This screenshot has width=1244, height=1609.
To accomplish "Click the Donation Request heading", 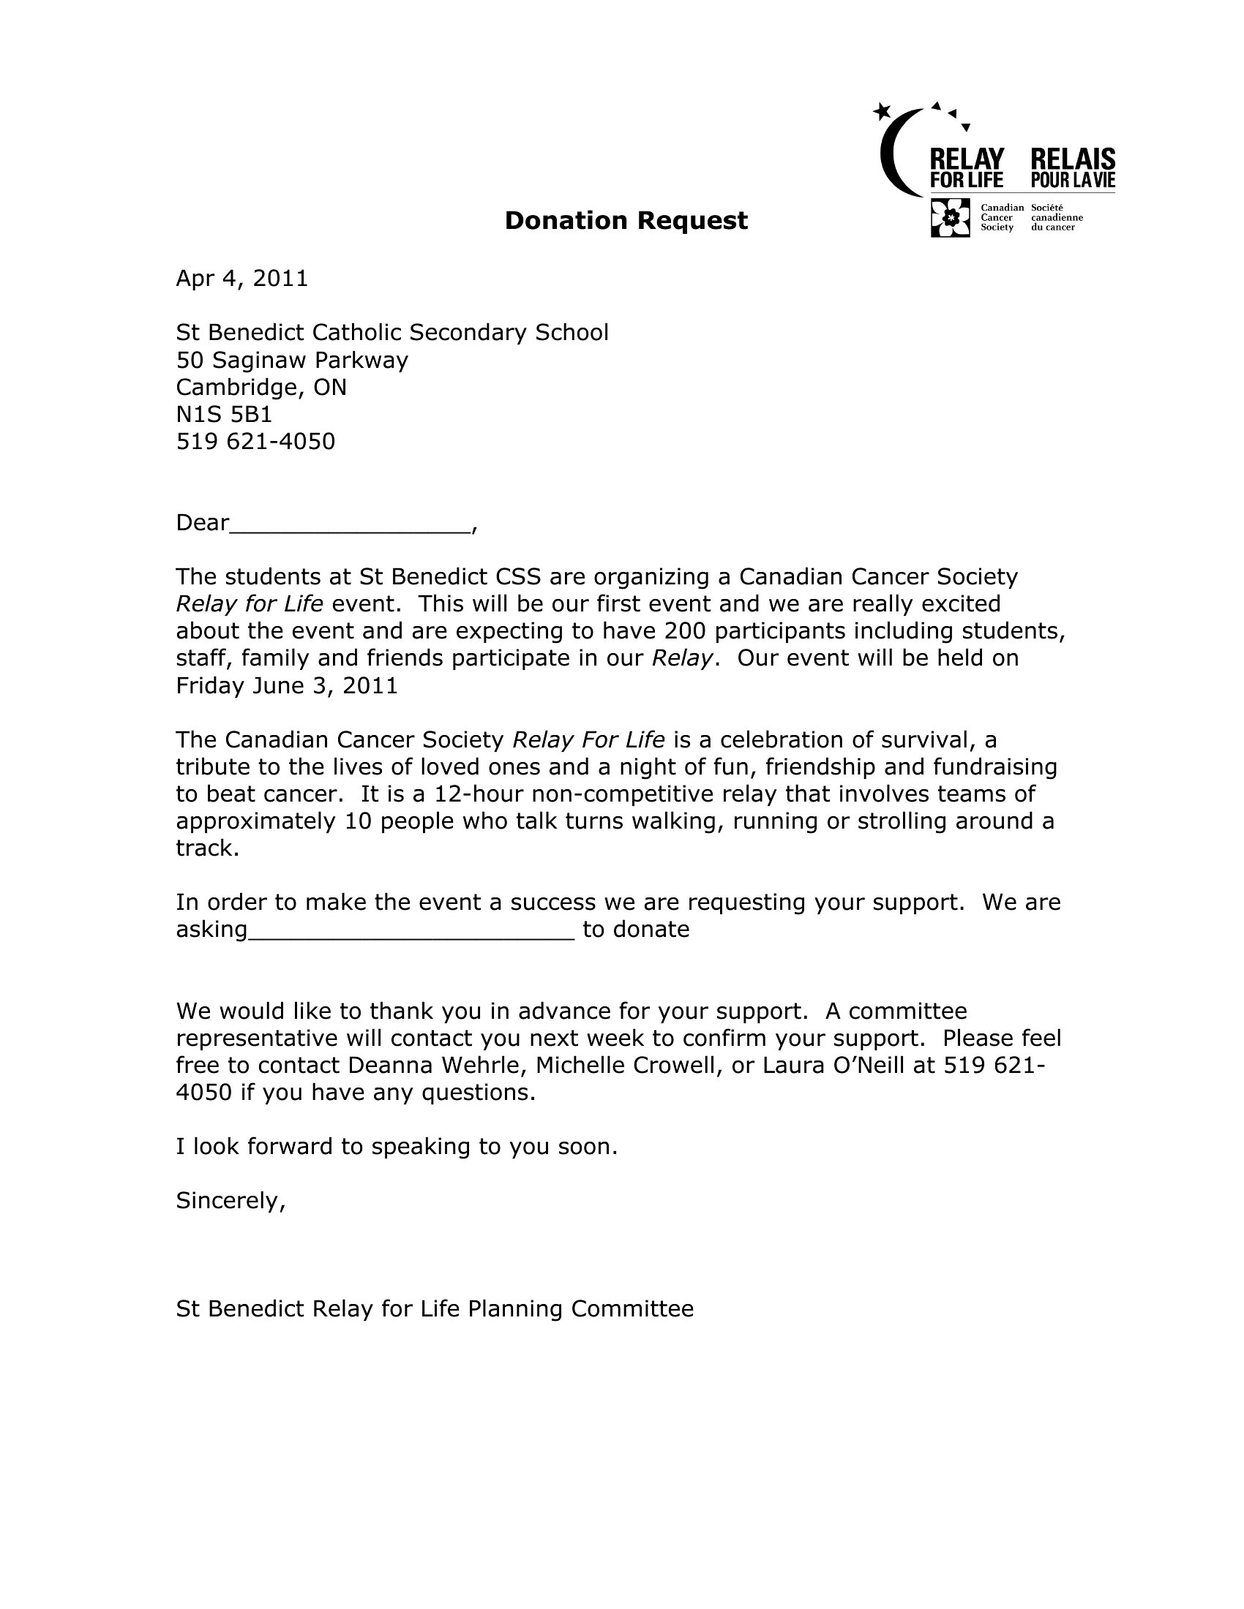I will tap(626, 220).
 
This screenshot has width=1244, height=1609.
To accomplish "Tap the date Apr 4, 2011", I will tap(241, 279).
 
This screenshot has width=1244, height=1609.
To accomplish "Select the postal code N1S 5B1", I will tap(224, 414).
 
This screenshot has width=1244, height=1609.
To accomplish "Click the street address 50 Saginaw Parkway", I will tap(292, 361).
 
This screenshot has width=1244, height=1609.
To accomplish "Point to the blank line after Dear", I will tap(350, 524).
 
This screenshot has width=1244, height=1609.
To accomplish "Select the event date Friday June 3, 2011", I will tap(287, 686).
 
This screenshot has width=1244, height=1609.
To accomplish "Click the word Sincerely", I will tap(230, 1201).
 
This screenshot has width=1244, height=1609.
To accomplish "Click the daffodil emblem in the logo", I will tap(951, 217).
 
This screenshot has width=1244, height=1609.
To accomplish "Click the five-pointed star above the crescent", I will tap(882, 111).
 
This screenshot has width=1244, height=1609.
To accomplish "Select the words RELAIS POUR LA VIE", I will tap(1072, 168).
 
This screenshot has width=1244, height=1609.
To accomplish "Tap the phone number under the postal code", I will tap(255, 441).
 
